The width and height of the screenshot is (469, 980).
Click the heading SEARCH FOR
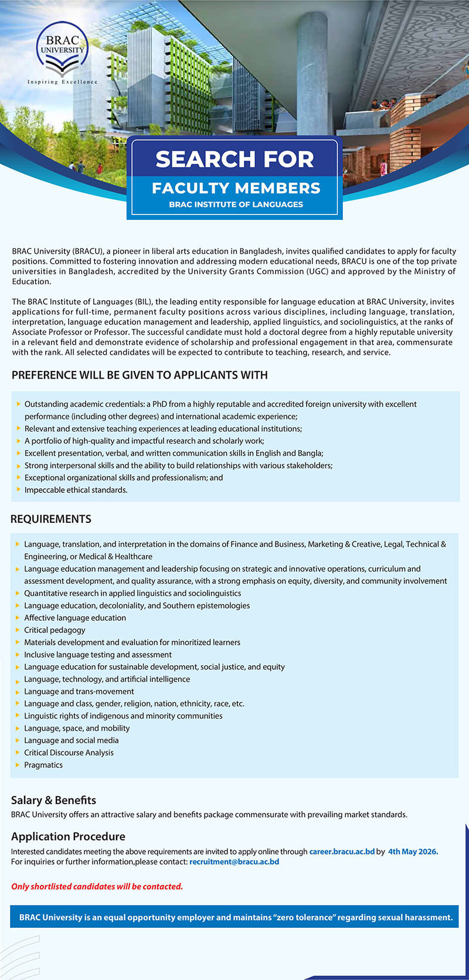click(x=235, y=159)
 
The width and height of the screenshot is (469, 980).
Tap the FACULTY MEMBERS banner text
click(x=236, y=188)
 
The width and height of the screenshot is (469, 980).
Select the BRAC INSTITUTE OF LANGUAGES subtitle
click(x=236, y=205)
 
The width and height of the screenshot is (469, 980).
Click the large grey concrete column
click(x=312, y=70)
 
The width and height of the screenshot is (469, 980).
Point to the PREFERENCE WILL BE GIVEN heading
click(x=140, y=375)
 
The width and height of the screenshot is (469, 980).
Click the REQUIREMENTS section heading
click(x=51, y=519)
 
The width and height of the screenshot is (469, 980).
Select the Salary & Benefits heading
click(x=53, y=800)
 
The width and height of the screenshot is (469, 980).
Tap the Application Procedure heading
click(x=68, y=836)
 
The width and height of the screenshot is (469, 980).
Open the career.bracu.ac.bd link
click(x=342, y=852)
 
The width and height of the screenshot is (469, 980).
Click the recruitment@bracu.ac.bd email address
click(x=234, y=862)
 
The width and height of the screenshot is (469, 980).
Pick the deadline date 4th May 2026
click(x=413, y=852)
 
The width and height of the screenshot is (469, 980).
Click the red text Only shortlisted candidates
click(x=97, y=886)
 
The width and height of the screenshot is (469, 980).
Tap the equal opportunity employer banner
click(x=236, y=917)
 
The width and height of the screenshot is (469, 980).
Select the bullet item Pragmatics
click(x=43, y=765)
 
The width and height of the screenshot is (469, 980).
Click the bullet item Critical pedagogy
click(x=55, y=630)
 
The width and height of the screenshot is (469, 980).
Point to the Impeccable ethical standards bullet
click(x=76, y=490)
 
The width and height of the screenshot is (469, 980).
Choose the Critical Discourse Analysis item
click(x=69, y=753)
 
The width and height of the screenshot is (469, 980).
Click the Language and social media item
click(x=71, y=740)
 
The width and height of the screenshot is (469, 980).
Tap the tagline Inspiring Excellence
click(x=62, y=82)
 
